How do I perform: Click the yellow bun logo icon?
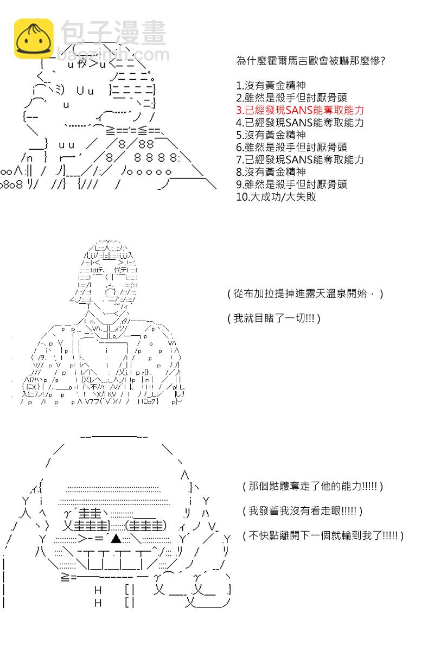34,39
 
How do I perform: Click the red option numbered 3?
299,110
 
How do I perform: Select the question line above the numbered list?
311,61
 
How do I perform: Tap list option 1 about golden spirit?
271,86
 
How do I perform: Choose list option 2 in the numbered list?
291,98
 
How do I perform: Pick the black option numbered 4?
299,123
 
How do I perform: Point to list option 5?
271,135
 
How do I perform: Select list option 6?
291,148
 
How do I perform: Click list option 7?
299,159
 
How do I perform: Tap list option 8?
271,172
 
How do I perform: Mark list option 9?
291,184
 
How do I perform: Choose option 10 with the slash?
276,197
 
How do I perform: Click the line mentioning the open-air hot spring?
305,294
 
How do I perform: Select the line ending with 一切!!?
274,318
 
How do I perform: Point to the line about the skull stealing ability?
313,486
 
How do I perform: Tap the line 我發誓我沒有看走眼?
302,510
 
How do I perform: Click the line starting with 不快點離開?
323,535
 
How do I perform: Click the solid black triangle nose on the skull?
116,539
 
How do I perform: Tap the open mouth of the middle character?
111,291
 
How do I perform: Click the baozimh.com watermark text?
113,55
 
